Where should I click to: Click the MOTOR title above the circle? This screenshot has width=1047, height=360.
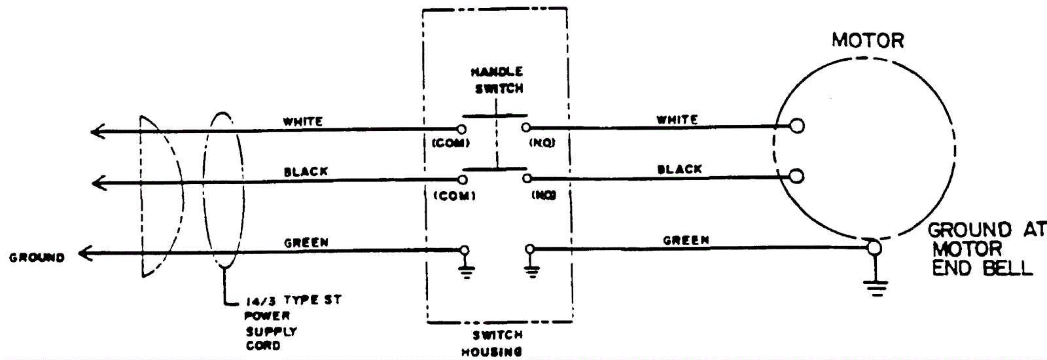click(x=867, y=41)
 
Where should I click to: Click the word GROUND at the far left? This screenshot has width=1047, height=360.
click(x=37, y=258)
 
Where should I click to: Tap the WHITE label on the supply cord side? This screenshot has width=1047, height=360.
click(x=302, y=122)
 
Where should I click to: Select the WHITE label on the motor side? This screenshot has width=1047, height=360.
click(x=677, y=120)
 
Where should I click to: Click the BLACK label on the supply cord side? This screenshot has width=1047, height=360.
click(x=306, y=171)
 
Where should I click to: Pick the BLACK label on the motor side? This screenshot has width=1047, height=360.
click(x=679, y=169)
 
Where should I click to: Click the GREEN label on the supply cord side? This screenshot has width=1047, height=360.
click(x=306, y=242)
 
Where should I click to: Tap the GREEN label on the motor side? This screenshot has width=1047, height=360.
click(x=686, y=240)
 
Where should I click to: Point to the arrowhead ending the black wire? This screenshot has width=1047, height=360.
click(x=98, y=183)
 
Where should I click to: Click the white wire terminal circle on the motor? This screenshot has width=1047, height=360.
click(x=797, y=126)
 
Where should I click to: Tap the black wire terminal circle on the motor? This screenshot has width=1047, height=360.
click(x=797, y=175)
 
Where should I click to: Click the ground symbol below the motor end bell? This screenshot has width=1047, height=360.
click(x=876, y=284)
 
